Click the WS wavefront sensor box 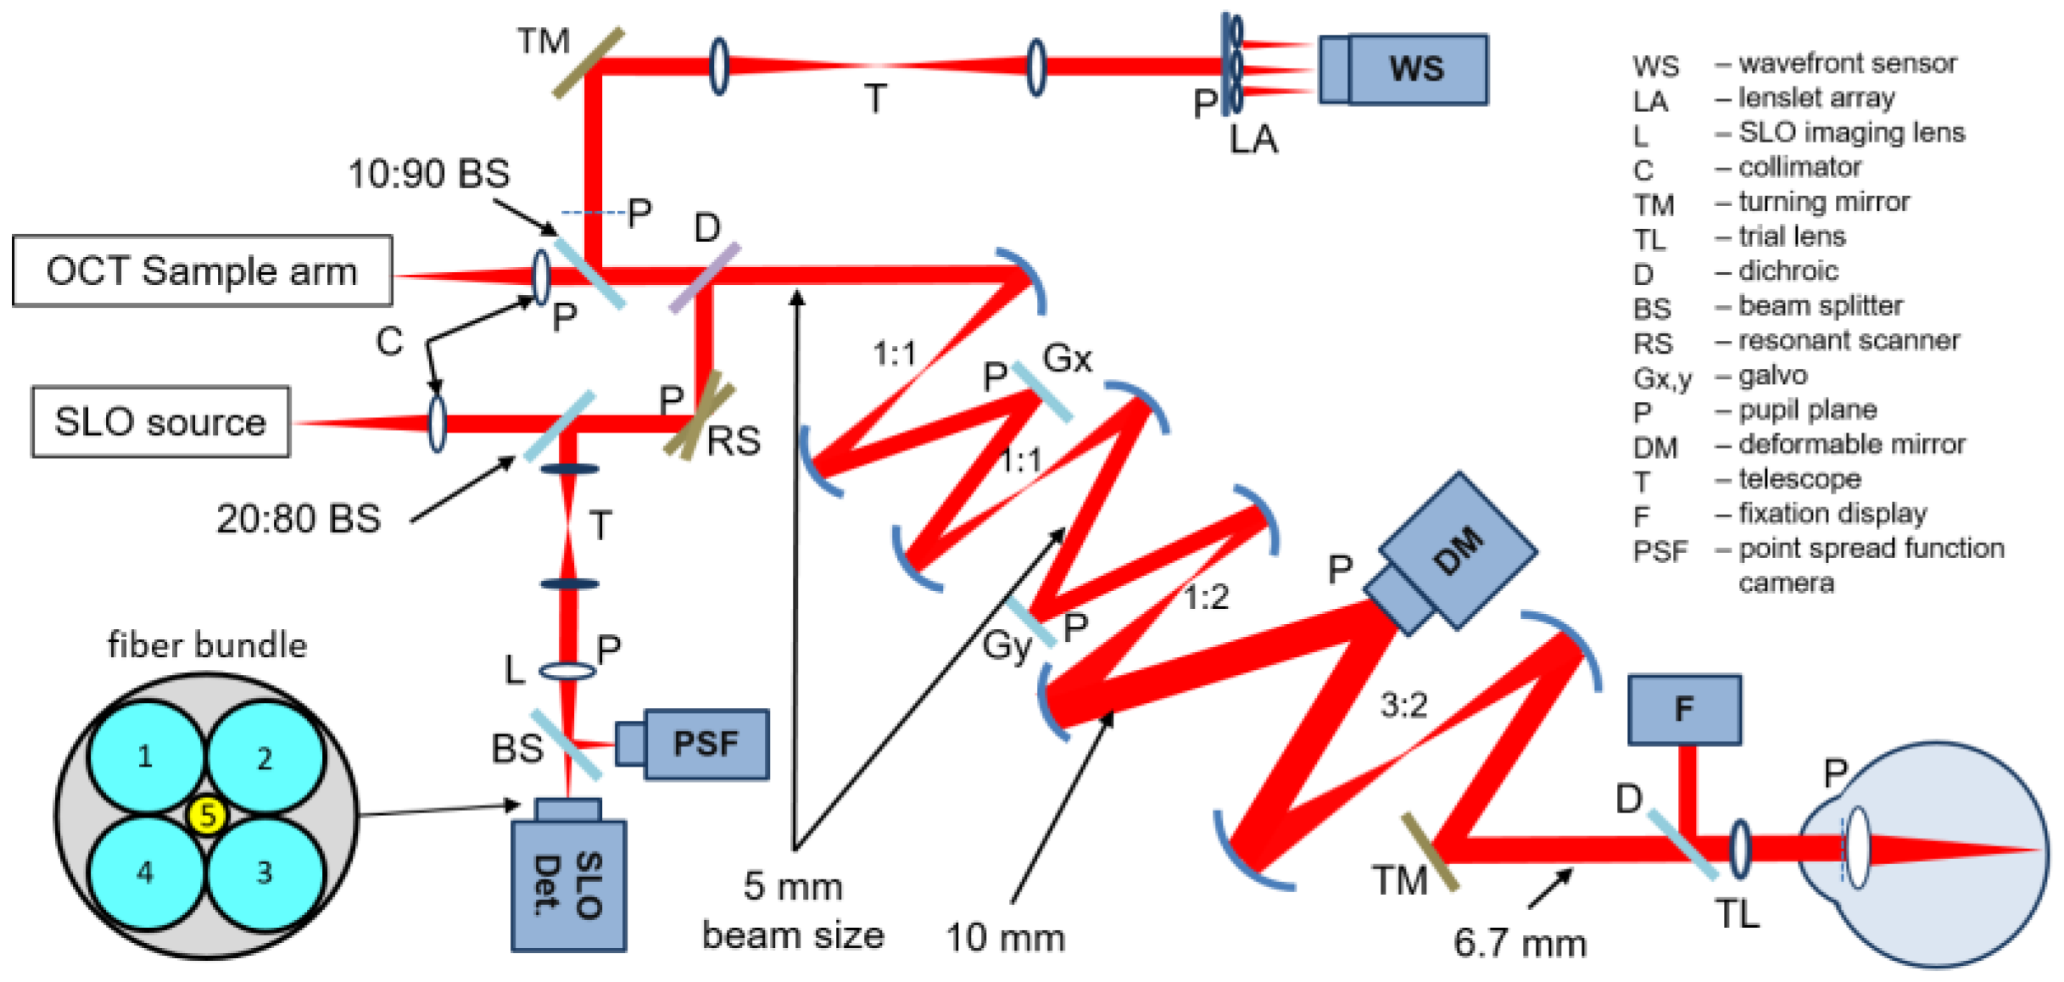1415,70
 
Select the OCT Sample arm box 202,271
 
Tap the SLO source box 160,422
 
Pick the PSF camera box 706,745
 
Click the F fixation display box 1683,710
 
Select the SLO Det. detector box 568,885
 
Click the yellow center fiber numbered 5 207,816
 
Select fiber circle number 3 265,872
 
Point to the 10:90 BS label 429,175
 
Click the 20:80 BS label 298,519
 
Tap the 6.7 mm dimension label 1520,943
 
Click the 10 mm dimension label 1005,938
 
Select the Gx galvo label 1067,359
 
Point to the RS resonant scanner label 734,442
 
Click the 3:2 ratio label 1403,705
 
